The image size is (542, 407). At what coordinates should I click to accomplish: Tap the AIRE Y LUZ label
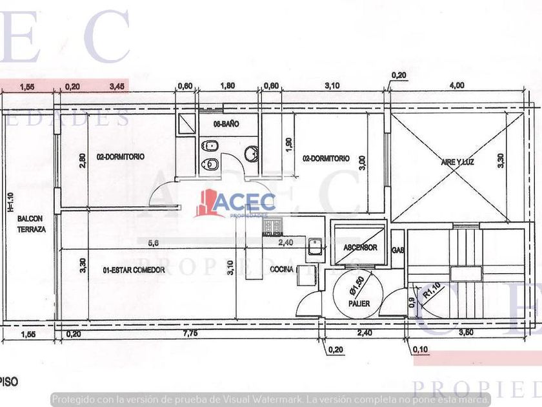(459, 162)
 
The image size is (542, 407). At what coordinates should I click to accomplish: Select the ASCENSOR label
(360, 247)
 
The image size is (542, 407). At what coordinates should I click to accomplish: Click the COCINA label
(282, 269)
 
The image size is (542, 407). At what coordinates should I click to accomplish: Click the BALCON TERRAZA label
(31, 224)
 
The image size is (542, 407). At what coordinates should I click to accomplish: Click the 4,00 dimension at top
(456, 85)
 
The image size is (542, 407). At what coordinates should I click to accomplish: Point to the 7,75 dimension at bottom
(190, 333)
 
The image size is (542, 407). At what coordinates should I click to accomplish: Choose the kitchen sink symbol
(316, 245)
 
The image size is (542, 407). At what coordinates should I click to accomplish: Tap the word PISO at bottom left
(9, 382)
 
